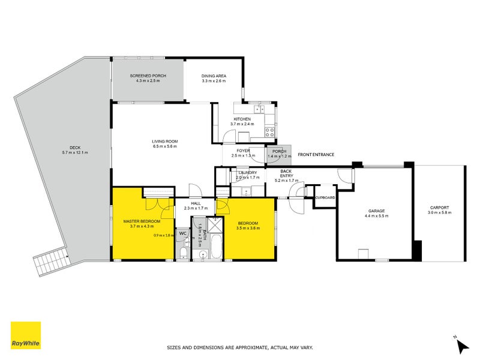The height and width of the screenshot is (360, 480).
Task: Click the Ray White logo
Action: click(26, 335)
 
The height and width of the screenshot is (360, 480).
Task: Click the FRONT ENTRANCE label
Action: click(315, 155)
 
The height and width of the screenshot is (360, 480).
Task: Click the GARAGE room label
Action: click(376, 211)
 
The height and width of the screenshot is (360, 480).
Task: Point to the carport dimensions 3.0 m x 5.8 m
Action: click(439, 213)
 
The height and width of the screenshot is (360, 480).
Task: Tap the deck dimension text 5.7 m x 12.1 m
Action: click(75, 153)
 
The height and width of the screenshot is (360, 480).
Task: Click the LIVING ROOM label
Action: click(164, 142)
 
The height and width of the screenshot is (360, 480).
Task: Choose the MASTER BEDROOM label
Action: click(142, 221)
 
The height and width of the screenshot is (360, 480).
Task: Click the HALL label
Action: click(196, 203)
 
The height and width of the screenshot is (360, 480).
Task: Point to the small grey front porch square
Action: click(279, 154)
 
